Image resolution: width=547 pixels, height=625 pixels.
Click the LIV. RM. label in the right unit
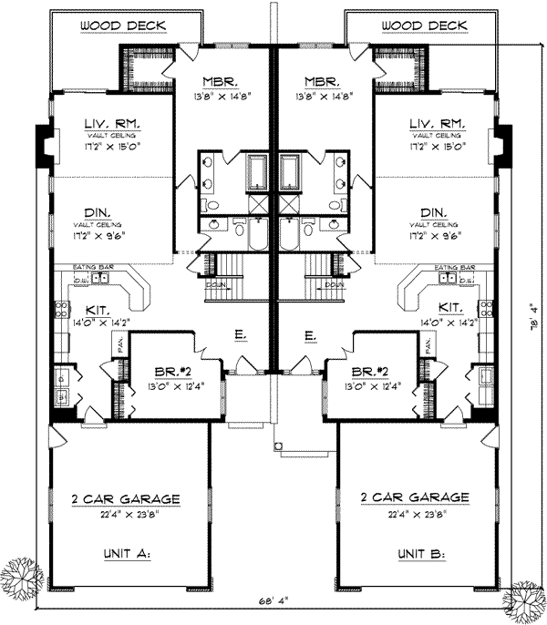click(x=437, y=122)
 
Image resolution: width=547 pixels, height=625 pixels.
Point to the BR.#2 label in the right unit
click(x=377, y=371)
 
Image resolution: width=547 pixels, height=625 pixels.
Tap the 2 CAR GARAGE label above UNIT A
click(x=126, y=498)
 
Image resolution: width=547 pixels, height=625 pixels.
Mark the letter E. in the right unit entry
click(x=311, y=336)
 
